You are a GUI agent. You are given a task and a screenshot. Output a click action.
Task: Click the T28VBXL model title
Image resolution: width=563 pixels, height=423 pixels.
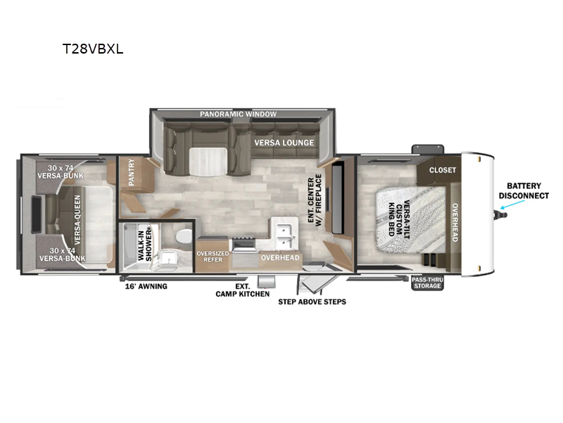pos(93,49)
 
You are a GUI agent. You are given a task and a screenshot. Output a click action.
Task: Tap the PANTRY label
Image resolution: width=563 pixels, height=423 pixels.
pos(131,172)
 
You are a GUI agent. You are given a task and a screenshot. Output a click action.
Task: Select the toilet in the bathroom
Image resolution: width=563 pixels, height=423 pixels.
pos(184,236)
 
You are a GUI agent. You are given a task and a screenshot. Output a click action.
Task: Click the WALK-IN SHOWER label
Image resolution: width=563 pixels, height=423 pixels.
pos(145,245)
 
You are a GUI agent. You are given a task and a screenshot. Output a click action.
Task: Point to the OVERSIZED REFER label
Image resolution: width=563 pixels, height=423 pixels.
pos(213,257)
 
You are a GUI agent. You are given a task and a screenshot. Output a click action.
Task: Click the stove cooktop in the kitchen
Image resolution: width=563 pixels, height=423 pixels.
pos(243,244)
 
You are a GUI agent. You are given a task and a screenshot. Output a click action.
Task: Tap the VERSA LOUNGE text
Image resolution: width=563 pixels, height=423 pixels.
pos(284,143)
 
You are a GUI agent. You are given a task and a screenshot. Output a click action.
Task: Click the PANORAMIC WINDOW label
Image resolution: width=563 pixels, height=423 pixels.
pos(239,114)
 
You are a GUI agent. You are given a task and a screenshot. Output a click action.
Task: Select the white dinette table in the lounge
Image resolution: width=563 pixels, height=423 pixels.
pos(208,162)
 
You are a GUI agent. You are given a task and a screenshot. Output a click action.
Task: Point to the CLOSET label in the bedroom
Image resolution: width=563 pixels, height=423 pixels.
pos(443,170)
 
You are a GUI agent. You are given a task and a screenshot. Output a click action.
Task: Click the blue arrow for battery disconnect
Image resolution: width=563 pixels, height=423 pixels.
pos(512,204)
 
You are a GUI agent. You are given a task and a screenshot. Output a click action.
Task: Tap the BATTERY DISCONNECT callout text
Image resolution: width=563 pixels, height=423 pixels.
pos(524,190)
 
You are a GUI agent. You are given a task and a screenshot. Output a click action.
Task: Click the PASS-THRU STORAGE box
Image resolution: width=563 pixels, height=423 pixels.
pos(427,283)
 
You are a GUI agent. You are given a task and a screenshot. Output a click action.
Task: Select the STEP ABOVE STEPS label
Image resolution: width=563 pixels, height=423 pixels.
pos(312,302)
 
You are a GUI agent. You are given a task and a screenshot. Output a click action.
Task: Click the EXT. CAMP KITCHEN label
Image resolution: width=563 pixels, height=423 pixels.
pos(242,290)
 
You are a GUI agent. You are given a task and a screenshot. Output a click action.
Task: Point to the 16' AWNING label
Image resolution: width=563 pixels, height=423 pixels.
pos(146,286)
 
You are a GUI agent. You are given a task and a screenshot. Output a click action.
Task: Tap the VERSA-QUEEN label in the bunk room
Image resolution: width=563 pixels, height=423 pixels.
pos(77,220)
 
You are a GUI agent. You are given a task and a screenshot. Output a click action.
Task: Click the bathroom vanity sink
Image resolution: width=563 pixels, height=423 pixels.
pos(167,257)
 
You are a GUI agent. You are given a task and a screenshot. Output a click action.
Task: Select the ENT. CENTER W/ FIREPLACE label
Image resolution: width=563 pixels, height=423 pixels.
pos(315,200)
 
